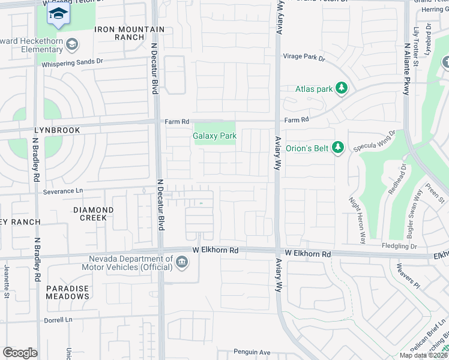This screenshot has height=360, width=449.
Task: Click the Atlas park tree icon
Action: pos(342,89)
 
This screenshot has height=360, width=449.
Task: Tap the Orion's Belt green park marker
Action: pos(338,147)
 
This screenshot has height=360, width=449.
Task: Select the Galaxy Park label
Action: pos(214,136)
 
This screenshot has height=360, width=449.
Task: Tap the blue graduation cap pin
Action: pos(58,14)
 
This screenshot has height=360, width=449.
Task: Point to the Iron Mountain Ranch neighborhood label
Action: pos(129,33)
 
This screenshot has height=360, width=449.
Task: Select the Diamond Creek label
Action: pos(93,214)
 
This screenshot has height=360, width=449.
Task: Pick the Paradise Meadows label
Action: pos(68,292)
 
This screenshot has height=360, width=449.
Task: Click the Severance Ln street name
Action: pos(63,191)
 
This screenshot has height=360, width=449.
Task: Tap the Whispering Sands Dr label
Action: pos(74,61)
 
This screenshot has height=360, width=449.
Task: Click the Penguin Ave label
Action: pos(252,352)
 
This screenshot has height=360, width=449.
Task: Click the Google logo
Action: pos(20,353)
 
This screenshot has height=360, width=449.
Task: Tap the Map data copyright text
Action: pos(423,355)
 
